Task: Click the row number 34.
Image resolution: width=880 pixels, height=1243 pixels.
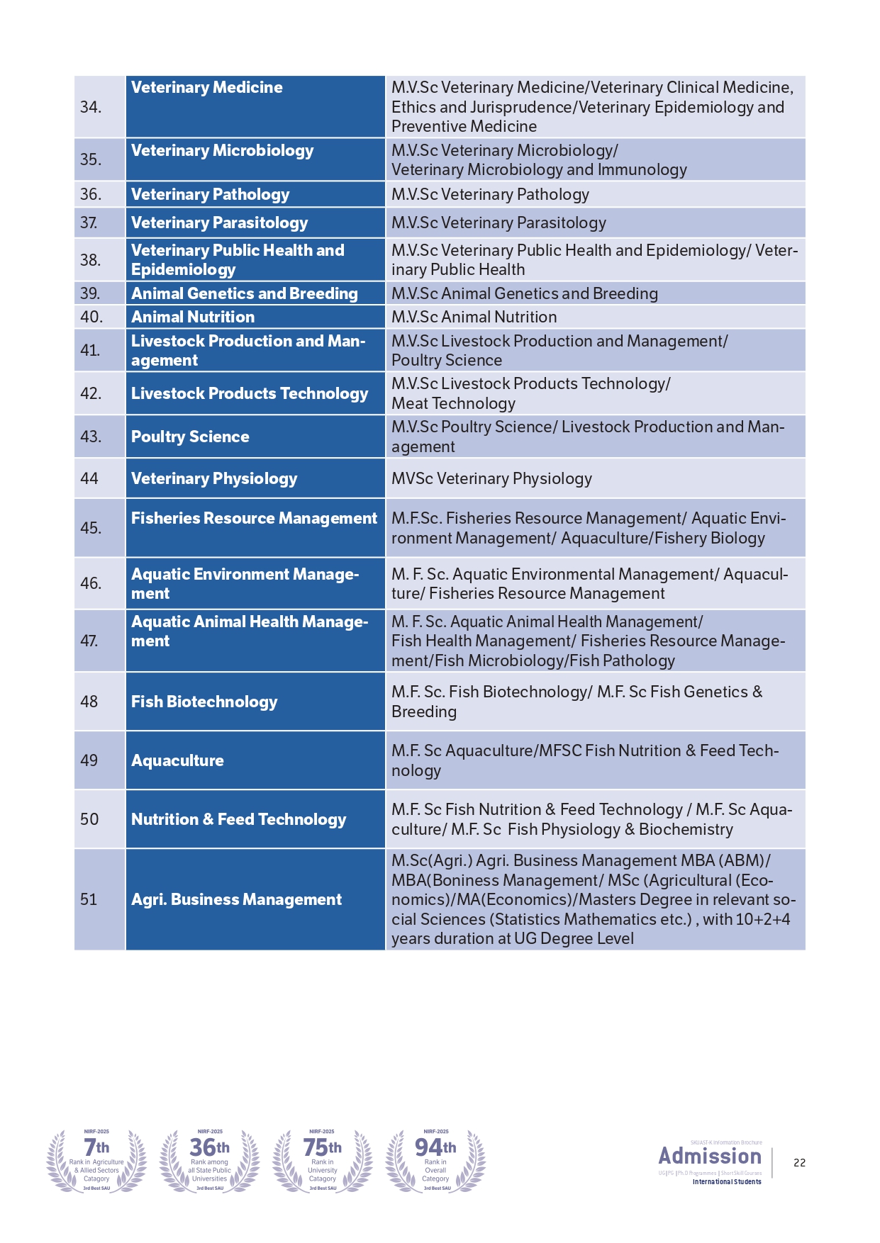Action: [x=91, y=107]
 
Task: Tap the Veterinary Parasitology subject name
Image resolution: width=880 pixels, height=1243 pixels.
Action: [x=219, y=223]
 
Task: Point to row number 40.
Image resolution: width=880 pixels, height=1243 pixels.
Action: [x=91, y=317]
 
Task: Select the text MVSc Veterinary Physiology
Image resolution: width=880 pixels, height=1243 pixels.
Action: [x=491, y=479]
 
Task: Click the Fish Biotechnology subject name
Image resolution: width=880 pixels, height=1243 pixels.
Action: [x=204, y=702]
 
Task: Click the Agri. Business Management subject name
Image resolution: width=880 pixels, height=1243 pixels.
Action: [x=236, y=899]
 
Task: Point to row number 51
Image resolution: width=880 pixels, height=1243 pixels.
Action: [x=89, y=899]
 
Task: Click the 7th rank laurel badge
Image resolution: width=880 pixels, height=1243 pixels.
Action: [x=96, y=1161]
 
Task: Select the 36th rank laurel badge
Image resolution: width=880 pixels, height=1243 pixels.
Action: [x=210, y=1161]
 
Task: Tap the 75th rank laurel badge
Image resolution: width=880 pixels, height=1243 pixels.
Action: [x=323, y=1161]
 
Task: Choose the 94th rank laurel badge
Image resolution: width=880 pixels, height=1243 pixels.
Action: [x=435, y=1161]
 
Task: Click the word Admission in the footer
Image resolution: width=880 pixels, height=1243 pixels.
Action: [x=710, y=1157]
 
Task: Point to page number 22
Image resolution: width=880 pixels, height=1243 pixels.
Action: [x=799, y=1163]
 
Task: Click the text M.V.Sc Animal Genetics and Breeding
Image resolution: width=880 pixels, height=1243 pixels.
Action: [x=525, y=293]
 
